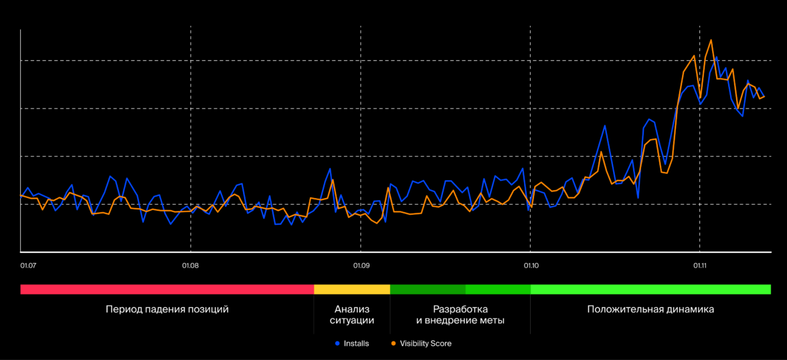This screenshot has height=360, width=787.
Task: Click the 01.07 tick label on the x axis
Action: [x=27, y=266]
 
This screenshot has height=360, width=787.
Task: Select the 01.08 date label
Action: [x=191, y=266]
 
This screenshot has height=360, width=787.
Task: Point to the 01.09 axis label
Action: [x=361, y=266]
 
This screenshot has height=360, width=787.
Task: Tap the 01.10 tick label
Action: [x=531, y=266]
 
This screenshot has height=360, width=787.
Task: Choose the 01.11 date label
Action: [x=699, y=266]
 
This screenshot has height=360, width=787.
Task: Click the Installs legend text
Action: [x=356, y=343]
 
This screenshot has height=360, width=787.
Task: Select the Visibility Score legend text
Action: [x=426, y=343]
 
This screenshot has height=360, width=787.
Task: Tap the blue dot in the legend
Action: [x=337, y=343]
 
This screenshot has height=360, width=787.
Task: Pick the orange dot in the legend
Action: [x=393, y=343]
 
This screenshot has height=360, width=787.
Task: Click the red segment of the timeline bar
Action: [x=167, y=290]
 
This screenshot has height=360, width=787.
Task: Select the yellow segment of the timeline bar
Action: [x=352, y=290]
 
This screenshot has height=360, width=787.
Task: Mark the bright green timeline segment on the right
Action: [x=650, y=290]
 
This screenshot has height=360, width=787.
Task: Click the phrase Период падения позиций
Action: [x=167, y=309]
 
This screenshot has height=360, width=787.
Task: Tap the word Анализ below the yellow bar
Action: [x=352, y=309]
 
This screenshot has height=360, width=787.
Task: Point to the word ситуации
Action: [x=352, y=321]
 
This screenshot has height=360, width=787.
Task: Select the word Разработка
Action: [x=460, y=309]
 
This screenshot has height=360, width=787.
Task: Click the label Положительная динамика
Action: [x=650, y=309]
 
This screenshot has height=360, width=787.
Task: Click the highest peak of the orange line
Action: [x=711, y=40]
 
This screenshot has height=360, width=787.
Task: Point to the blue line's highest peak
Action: [x=717, y=57]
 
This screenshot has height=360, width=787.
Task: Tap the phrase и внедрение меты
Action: [x=460, y=321]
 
